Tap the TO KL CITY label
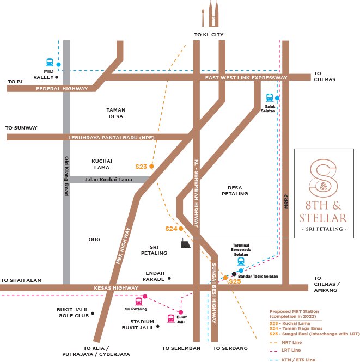click(209, 35)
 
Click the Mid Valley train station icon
click(50, 63)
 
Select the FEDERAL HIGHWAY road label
click(62, 88)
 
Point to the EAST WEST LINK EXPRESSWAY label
click(246, 78)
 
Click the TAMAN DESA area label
click(115, 113)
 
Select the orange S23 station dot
click(151, 166)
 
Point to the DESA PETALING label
click(234, 191)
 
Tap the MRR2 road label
click(285, 201)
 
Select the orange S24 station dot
click(181, 229)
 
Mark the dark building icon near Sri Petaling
click(186, 244)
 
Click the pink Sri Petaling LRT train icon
click(139, 301)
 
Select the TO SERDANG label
click(230, 348)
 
